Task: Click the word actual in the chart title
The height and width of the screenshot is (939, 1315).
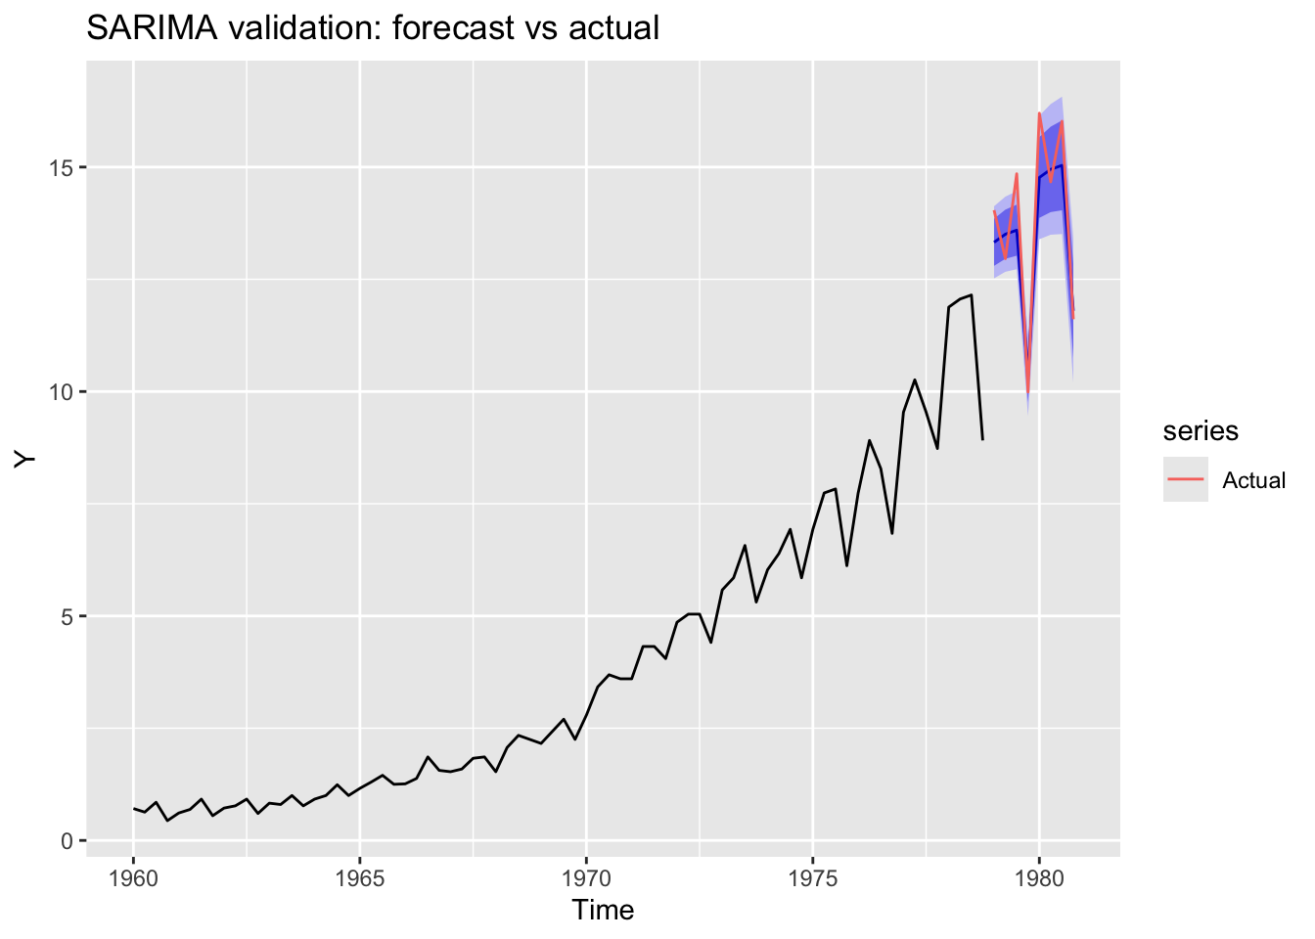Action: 613,28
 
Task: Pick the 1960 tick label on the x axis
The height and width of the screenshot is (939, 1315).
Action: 134,876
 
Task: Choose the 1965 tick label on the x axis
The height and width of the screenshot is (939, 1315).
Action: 360,876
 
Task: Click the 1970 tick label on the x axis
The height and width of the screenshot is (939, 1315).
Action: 586,876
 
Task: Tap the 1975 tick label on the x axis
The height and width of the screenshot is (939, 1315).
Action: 813,876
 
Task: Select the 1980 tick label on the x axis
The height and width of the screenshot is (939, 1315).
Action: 1039,876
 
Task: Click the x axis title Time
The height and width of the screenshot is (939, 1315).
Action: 603,911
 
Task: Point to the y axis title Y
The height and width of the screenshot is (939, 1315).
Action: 26,460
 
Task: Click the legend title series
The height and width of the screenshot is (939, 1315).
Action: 1200,430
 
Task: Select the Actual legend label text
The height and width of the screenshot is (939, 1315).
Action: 1253,480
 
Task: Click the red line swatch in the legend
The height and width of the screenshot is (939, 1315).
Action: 1185,479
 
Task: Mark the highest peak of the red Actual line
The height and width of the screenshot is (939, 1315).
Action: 1039,113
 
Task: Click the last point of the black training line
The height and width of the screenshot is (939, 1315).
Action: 982,439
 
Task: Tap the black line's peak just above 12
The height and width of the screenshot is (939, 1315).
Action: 971,294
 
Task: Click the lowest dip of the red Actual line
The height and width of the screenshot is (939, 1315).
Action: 1028,393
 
